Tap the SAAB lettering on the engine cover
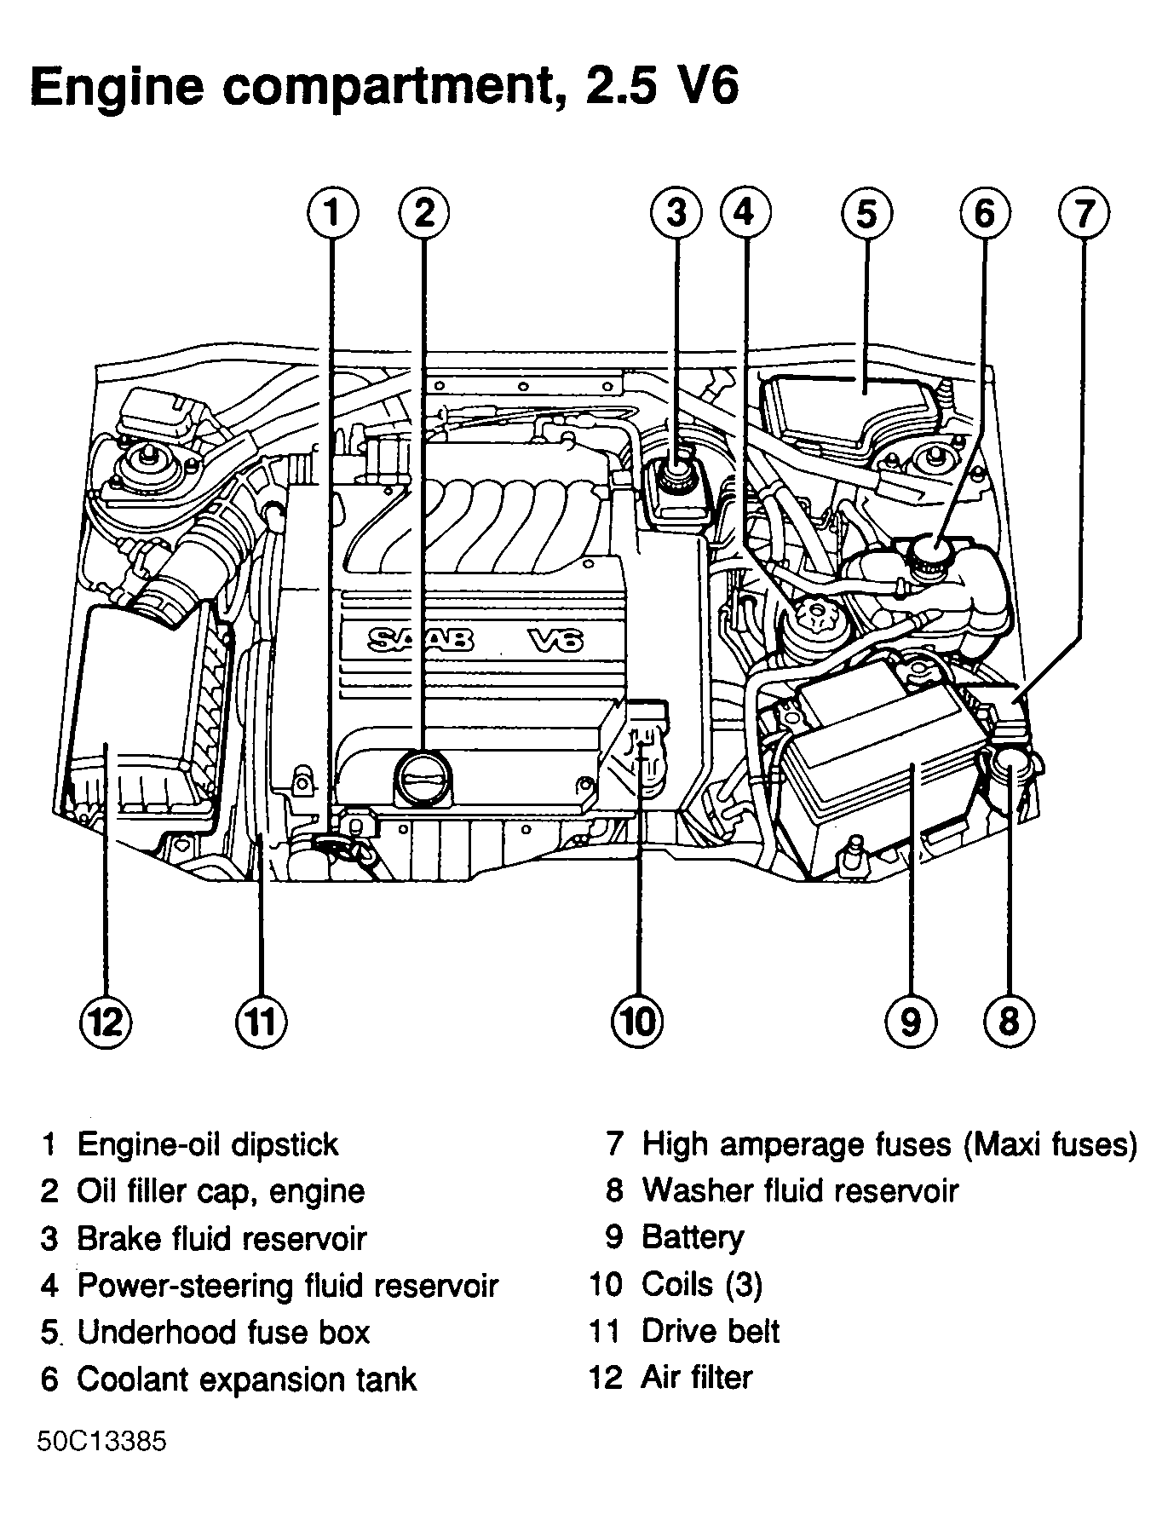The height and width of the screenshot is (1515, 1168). tap(422, 639)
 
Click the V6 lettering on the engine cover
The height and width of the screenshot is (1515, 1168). tap(555, 639)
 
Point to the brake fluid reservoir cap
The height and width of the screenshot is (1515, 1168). tap(678, 475)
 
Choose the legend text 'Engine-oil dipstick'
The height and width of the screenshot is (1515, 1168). tap(208, 1143)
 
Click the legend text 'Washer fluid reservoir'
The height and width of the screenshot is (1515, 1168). tap(800, 1190)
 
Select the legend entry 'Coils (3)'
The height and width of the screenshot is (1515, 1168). tap(701, 1283)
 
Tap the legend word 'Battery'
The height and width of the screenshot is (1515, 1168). tap(693, 1236)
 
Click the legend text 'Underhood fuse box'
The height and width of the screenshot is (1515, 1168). tap(223, 1331)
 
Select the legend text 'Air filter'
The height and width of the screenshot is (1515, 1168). tap(696, 1377)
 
